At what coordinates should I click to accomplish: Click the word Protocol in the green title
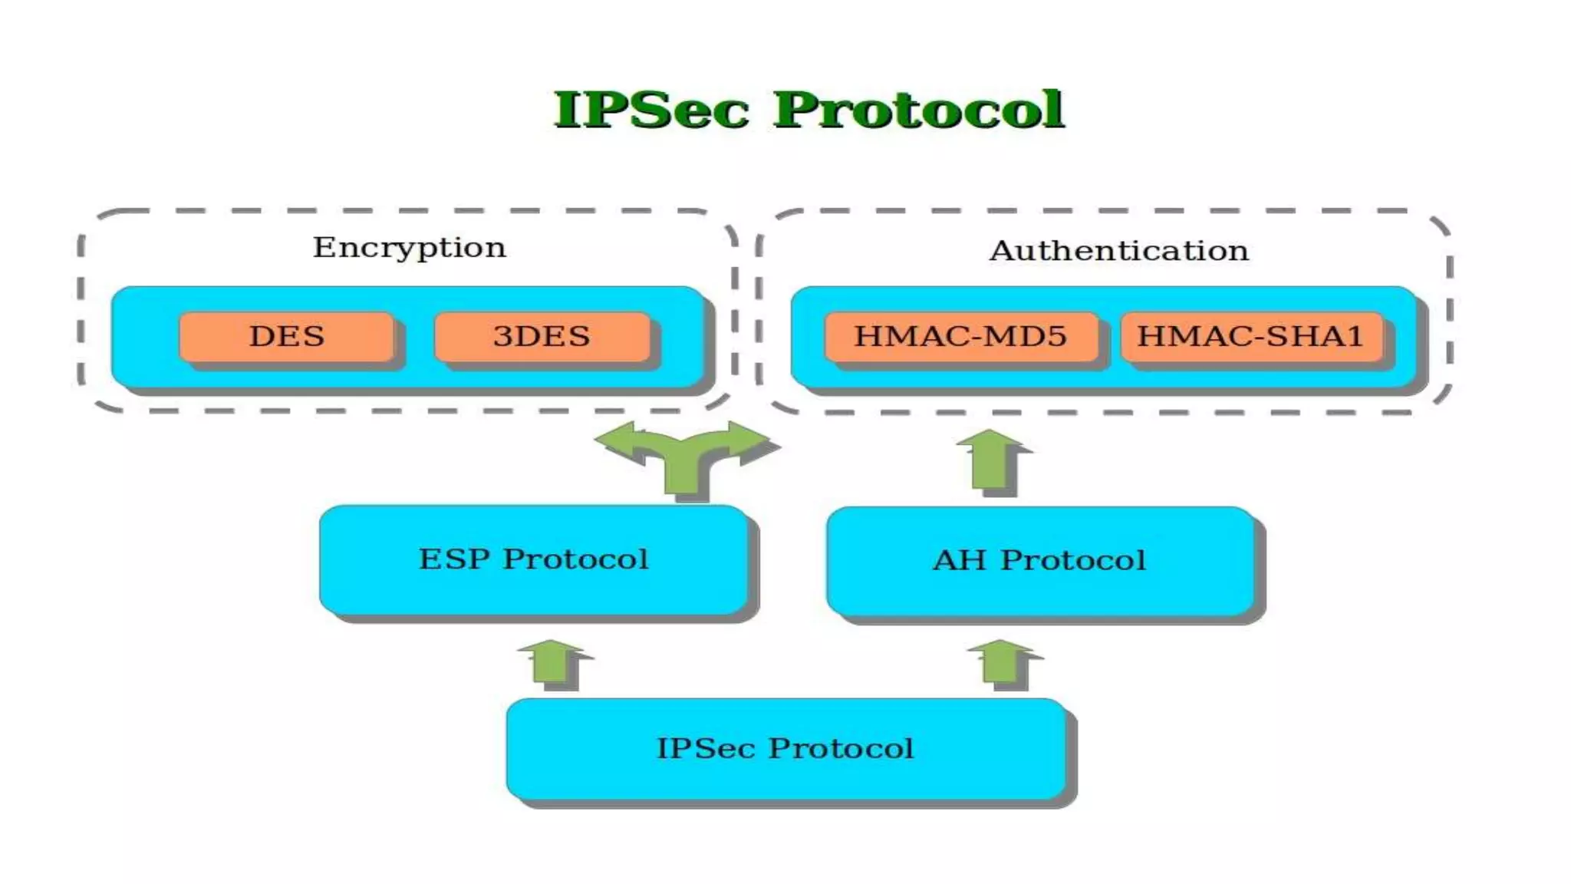918,110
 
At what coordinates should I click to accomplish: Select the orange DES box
286,336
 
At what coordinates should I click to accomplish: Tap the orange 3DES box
542,336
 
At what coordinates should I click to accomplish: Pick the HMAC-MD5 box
960,336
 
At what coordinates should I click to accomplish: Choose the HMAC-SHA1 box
1250,336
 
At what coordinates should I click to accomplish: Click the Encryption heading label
410,248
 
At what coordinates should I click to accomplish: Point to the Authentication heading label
1119,251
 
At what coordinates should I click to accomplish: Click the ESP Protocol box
533,559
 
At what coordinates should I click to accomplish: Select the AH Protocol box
1039,561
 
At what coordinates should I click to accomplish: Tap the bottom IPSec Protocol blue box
785,749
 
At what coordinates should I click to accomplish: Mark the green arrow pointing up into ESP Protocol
552,661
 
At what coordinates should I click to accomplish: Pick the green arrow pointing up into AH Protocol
1002,661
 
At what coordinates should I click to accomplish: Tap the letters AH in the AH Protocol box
959,561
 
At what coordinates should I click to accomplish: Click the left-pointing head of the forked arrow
618,440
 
